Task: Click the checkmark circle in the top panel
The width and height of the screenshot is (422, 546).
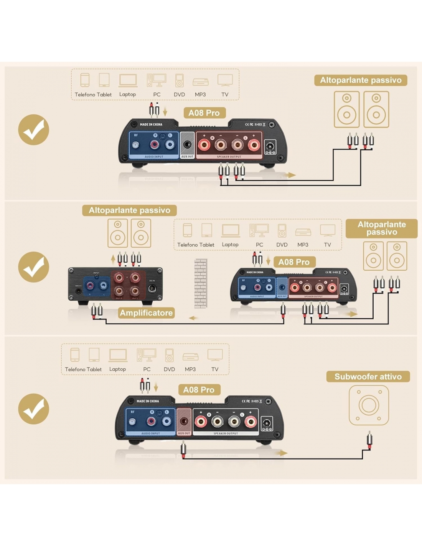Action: coord(34,130)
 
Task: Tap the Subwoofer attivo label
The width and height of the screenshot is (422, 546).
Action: coord(368,377)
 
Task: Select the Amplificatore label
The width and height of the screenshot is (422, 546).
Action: coord(146,313)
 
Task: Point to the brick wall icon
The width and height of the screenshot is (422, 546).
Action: coord(201,283)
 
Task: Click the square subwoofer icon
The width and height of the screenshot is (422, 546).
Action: coord(369,405)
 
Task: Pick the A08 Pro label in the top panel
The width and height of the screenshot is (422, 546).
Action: coord(204,113)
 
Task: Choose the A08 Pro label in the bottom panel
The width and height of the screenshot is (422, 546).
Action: coord(199,390)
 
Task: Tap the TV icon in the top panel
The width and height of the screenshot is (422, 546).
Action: coord(225,80)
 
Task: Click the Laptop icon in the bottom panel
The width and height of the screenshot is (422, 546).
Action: coord(118,355)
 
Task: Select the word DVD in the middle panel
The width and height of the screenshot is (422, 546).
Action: coord(282,245)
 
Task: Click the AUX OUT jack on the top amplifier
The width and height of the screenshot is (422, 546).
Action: coord(187,145)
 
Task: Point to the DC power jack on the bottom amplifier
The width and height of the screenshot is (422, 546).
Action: coord(267,424)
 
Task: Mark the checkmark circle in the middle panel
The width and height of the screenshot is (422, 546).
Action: coord(34,267)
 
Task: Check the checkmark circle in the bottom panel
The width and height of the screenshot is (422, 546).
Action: coord(34,409)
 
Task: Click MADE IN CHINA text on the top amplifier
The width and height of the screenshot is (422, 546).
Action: coord(151,124)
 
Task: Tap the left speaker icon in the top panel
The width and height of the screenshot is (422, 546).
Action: coord(346,109)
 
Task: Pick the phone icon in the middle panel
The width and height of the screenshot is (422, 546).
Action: coord(187,230)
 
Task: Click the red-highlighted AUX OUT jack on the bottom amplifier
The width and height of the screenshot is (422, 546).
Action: coord(184,421)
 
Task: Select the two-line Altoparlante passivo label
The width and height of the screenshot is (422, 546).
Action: coord(381,228)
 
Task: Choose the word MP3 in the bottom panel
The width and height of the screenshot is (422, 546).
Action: coord(190,369)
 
